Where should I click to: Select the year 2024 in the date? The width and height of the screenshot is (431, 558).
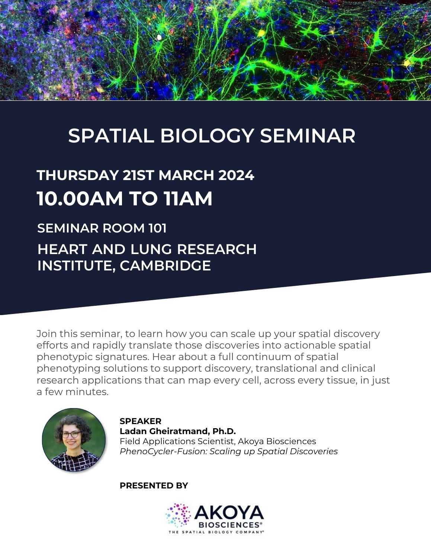(236, 175)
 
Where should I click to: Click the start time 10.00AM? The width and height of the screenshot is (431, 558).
(80, 199)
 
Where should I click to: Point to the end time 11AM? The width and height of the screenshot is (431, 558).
(188, 199)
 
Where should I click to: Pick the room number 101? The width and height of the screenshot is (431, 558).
(157, 228)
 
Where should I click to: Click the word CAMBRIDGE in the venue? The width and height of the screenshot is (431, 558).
(165, 266)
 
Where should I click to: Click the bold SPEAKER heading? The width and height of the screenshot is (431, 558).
(141, 421)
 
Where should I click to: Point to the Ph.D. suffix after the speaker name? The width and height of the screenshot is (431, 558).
(224, 431)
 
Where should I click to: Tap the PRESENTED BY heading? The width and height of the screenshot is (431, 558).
(154, 485)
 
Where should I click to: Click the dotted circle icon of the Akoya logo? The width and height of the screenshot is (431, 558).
(178, 515)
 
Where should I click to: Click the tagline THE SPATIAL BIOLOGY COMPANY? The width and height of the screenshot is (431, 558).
(216, 532)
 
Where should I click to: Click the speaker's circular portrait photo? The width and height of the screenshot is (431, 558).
(74, 440)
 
